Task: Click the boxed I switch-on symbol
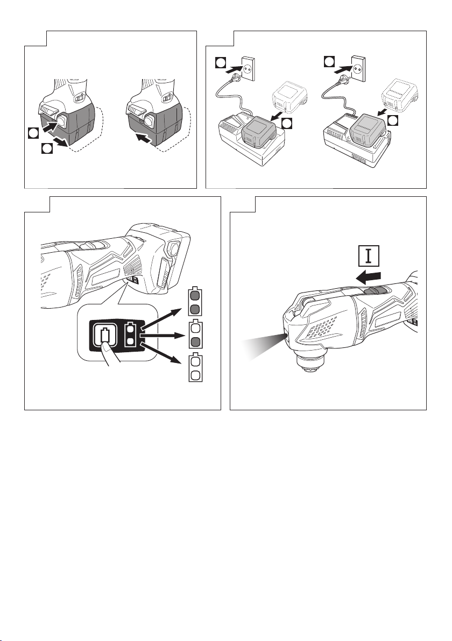coord(369,255)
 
